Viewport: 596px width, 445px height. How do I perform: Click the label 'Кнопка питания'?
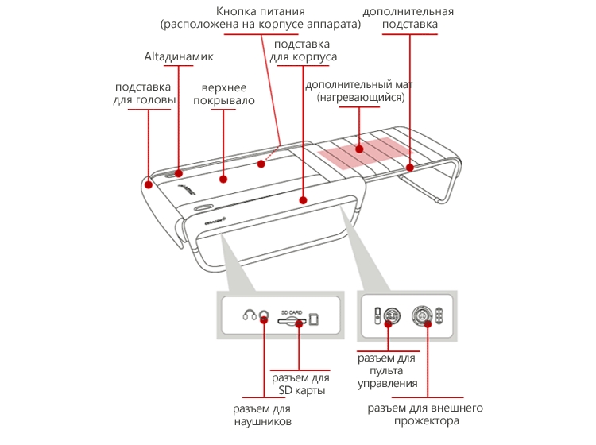[260, 17]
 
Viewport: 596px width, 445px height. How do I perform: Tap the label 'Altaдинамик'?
[178, 57]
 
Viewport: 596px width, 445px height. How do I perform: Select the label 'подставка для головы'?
[142, 93]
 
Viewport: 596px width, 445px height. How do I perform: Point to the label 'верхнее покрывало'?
[227, 93]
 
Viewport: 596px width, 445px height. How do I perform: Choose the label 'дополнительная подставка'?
[408, 18]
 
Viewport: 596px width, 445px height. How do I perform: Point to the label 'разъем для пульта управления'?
[387, 371]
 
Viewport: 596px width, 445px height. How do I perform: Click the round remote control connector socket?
[390, 315]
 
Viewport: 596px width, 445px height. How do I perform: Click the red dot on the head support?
[149, 184]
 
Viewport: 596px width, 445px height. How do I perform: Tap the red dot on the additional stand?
[410, 167]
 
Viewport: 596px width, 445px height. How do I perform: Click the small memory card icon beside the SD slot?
[314, 319]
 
